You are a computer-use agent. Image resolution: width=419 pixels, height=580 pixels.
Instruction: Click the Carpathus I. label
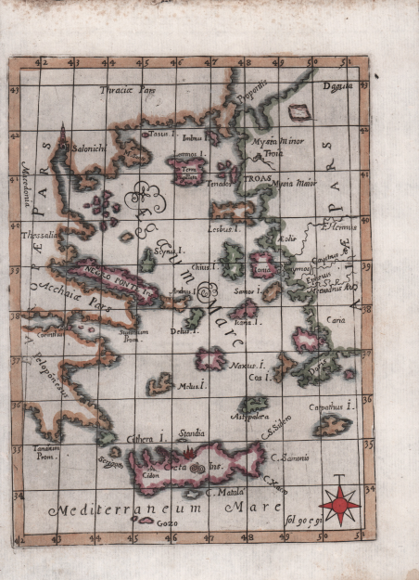(333, 406)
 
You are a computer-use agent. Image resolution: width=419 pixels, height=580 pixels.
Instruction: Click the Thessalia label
(38, 236)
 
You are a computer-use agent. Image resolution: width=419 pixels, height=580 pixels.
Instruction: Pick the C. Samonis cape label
(290, 457)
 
